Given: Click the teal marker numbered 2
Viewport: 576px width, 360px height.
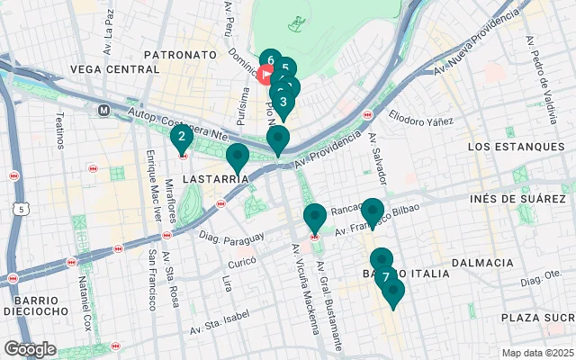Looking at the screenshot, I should [x=182, y=138].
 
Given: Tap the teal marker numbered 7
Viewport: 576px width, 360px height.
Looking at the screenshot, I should [x=385, y=276].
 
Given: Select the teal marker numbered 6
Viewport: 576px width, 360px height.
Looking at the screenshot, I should [x=270, y=61].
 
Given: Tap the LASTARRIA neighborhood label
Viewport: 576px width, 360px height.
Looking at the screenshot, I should [x=215, y=179].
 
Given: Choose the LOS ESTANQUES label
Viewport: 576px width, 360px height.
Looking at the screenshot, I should [x=508, y=146].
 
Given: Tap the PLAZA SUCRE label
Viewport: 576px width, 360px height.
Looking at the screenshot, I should [x=537, y=317].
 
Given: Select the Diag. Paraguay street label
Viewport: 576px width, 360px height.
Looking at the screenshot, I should [x=232, y=238].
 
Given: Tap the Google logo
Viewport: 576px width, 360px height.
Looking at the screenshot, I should [x=29, y=349].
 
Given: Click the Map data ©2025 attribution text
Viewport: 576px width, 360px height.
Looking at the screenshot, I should [x=537, y=353].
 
